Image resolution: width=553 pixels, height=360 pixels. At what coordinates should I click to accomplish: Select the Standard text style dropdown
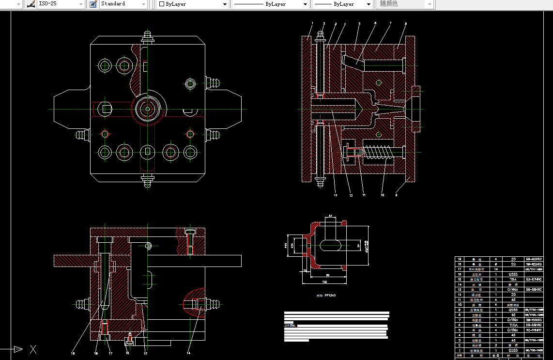click(x=123, y=4)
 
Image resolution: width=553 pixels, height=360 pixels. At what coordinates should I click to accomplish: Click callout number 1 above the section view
click(x=312, y=23)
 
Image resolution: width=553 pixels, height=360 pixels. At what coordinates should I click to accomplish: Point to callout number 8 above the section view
click(x=406, y=23)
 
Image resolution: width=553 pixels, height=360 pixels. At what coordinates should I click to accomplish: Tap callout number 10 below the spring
click(x=383, y=195)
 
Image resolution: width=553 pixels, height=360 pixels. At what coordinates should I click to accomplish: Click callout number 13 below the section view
click(x=335, y=195)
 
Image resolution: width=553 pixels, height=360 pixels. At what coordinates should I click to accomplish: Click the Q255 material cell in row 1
click(x=513, y=349)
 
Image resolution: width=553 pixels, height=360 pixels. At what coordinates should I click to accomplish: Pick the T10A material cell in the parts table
click(x=513, y=324)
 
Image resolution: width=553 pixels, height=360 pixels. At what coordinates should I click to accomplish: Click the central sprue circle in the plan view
click(x=148, y=109)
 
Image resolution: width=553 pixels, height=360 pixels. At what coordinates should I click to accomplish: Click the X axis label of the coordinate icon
click(x=33, y=349)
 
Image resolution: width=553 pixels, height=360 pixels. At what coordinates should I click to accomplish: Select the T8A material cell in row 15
click(x=513, y=279)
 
